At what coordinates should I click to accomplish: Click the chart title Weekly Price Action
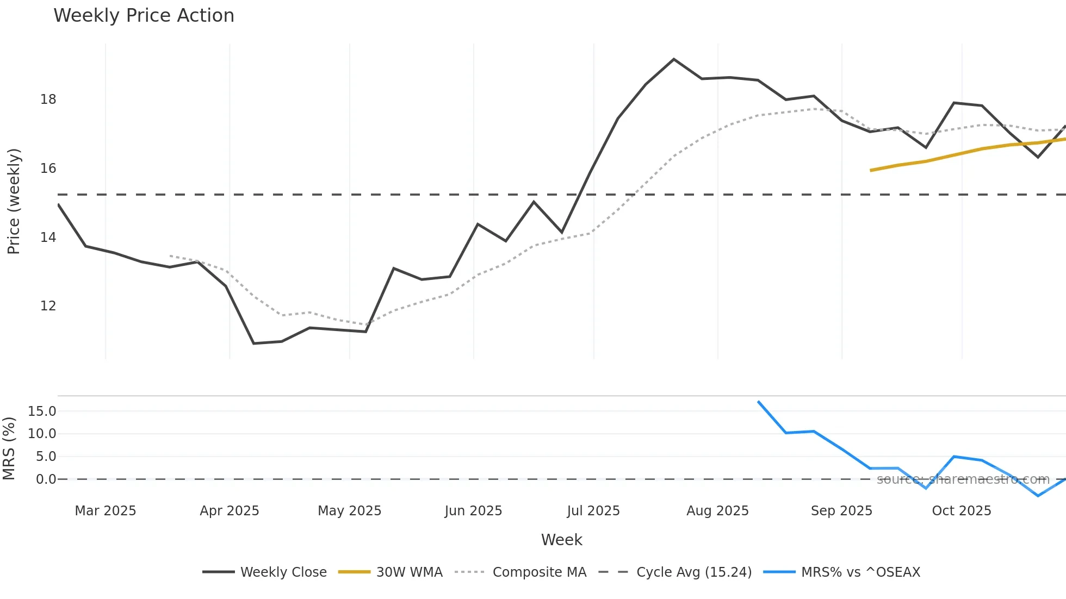tap(144, 16)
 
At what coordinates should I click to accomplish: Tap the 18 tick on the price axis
tap(48, 99)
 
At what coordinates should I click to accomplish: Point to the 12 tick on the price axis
tap(48, 306)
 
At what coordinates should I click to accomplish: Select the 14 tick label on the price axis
tap(48, 238)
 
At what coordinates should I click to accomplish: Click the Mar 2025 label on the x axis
tap(105, 511)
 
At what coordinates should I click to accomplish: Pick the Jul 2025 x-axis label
tap(593, 511)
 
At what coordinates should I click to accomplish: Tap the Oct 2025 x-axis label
tap(961, 511)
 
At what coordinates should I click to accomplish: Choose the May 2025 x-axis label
tap(349, 511)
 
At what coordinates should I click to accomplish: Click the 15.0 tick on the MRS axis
tap(42, 411)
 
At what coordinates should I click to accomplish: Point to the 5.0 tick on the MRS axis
tap(46, 457)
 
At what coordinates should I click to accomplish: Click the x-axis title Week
tap(561, 540)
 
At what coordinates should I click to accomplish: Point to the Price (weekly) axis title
tap(14, 201)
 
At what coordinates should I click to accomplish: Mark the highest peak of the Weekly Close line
tap(674, 59)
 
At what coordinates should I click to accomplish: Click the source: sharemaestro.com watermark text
tap(963, 479)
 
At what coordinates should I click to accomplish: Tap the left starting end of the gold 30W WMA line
tap(871, 171)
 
